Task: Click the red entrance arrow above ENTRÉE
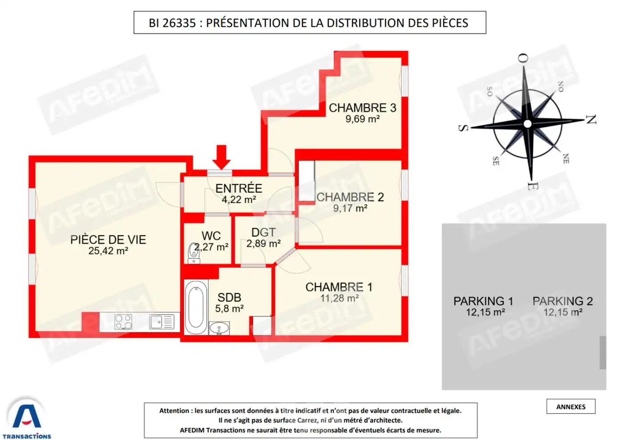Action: pos(221,156)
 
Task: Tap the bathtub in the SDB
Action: pos(196,307)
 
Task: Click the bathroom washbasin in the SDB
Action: pos(219,329)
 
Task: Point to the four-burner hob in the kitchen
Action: pos(123,321)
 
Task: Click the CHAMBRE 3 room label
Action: pos(362,108)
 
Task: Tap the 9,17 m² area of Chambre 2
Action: pos(350,208)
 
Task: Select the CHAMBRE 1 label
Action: pos(339,287)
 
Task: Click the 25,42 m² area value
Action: pos(108,251)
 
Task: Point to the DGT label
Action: pos(263,232)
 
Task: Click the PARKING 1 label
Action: pos(483,301)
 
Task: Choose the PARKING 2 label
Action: pos(562,301)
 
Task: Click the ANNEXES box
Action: pos(570,407)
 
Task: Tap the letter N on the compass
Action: pos(591,119)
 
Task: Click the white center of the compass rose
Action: pos(527,124)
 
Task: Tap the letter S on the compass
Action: pos(463,128)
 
